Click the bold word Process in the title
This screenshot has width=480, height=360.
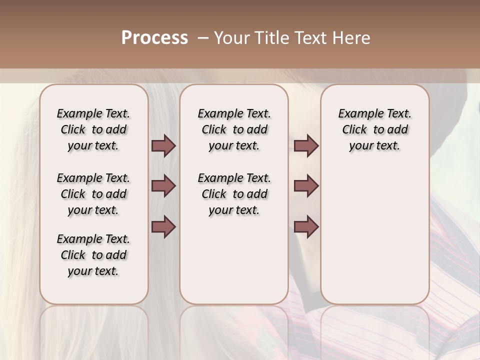click(154, 38)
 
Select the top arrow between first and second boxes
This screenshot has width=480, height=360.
click(163, 146)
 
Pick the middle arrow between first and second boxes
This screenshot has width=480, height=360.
click(163, 186)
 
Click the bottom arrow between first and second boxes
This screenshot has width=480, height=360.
click(163, 227)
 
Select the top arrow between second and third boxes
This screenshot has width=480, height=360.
click(306, 146)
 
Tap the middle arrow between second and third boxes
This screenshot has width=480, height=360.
click(306, 186)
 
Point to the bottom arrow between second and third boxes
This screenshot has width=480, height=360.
click(306, 227)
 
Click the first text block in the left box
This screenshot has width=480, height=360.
click(93, 129)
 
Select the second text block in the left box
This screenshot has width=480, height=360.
click(93, 194)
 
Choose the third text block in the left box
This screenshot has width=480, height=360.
click(93, 255)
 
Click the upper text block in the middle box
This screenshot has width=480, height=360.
click(234, 129)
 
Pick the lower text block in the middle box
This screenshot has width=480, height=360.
click(234, 194)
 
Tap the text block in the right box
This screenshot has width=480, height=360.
click(374, 129)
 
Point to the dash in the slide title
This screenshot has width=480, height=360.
click(202, 38)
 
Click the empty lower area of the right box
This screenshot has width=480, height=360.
click(374, 235)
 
